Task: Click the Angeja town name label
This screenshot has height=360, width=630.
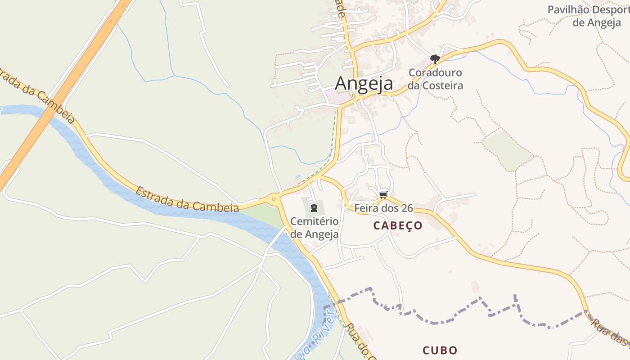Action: pyautogui.click(x=364, y=83)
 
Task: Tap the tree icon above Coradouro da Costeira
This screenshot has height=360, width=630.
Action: pyautogui.click(x=435, y=59)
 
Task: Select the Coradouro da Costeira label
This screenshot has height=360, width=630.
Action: pyautogui.click(x=435, y=79)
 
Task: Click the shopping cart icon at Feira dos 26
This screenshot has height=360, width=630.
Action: pyautogui.click(x=383, y=194)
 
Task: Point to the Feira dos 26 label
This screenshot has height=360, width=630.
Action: pyautogui.click(x=383, y=208)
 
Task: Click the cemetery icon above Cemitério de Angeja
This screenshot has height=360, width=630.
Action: pyautogui.click(x=314, y=207)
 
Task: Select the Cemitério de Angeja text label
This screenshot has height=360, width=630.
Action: pyautogui.click(x=314, y=228)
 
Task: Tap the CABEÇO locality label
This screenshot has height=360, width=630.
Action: pyautogui.click(x=398, y=226)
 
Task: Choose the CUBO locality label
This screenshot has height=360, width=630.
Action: pyautogui.click(x=440, y=350)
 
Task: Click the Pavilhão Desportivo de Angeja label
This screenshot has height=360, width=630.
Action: pyautogui.click(x=589, y=16)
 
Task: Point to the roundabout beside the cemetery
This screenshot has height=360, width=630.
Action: pyautogui.click(x=273, y=198)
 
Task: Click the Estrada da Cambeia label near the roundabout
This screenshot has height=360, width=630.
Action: pyautogui.click(x=187, y=200)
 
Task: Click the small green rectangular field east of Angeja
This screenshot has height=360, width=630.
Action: pyautogui.click(x=508, y=150)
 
